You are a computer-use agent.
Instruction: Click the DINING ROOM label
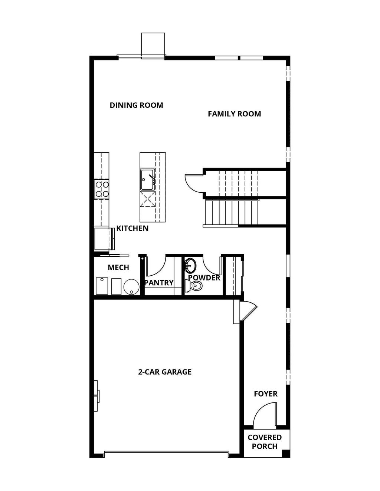coord(136,105)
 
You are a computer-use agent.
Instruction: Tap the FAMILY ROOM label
coord(234,114)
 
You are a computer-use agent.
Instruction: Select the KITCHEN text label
coord(132,228)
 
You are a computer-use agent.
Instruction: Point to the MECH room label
coord(118,267)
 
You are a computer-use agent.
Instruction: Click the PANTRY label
coord(159,283)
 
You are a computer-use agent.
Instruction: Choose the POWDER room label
coord(204,278)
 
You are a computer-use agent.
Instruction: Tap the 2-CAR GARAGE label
coord(165,372)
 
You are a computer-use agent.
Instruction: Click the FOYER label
coord(266,394)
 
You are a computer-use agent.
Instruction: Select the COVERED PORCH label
coord(265,442)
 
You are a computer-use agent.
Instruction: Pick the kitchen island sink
coord(148,179)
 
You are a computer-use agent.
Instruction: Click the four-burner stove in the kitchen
coord(102,188)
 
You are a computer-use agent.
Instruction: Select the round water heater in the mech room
coord(131,286)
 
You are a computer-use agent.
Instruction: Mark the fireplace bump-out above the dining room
coord(153,45)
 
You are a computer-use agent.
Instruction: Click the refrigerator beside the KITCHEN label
coord(103,239)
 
